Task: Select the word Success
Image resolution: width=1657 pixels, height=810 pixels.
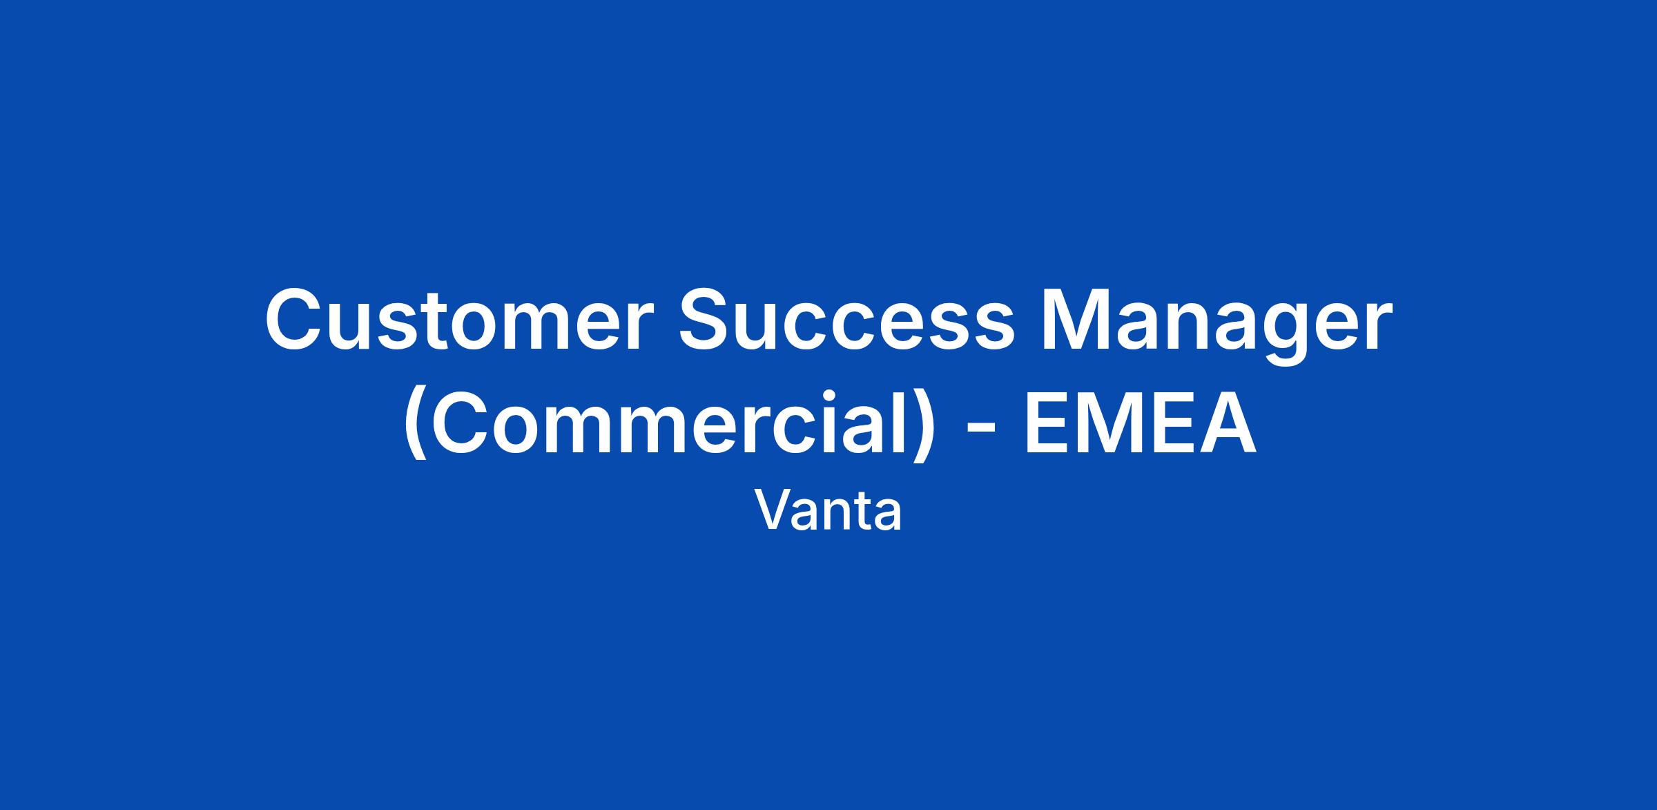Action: coord(848,320)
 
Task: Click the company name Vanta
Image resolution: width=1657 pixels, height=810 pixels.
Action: coord(828,511)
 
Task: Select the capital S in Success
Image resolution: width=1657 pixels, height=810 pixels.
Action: coord(710,320)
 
